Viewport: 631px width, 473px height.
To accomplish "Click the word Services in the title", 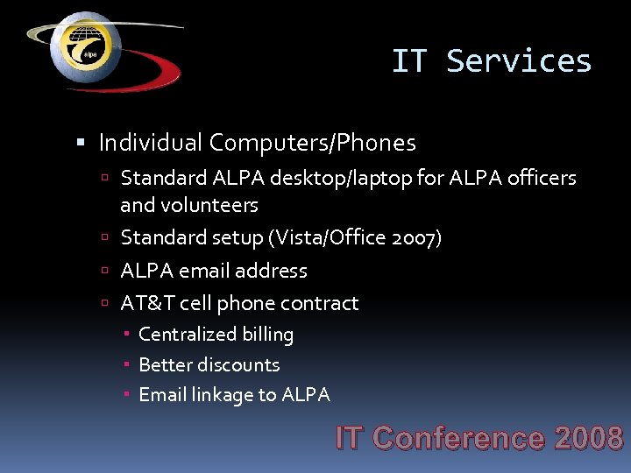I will click(519, 61).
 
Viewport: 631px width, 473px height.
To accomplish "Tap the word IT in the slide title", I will click(409, 61).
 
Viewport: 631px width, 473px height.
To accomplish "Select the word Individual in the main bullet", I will click(151, 142).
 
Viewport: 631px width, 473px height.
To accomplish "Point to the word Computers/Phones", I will click(313, 142).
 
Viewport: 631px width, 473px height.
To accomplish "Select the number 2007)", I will click(420, 237).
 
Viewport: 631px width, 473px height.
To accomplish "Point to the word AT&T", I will click(147, 303).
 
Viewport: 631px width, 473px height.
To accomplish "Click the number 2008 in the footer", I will click(588, 438).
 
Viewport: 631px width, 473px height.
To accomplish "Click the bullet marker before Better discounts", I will click(127, 364).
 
